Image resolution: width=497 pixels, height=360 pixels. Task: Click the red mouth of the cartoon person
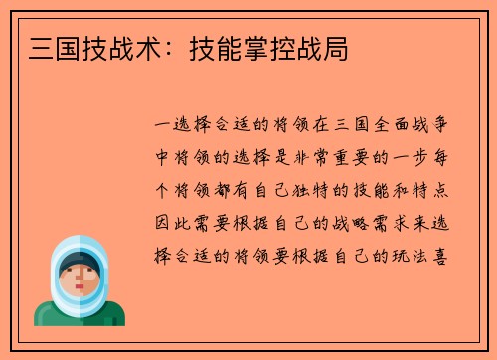79,288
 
